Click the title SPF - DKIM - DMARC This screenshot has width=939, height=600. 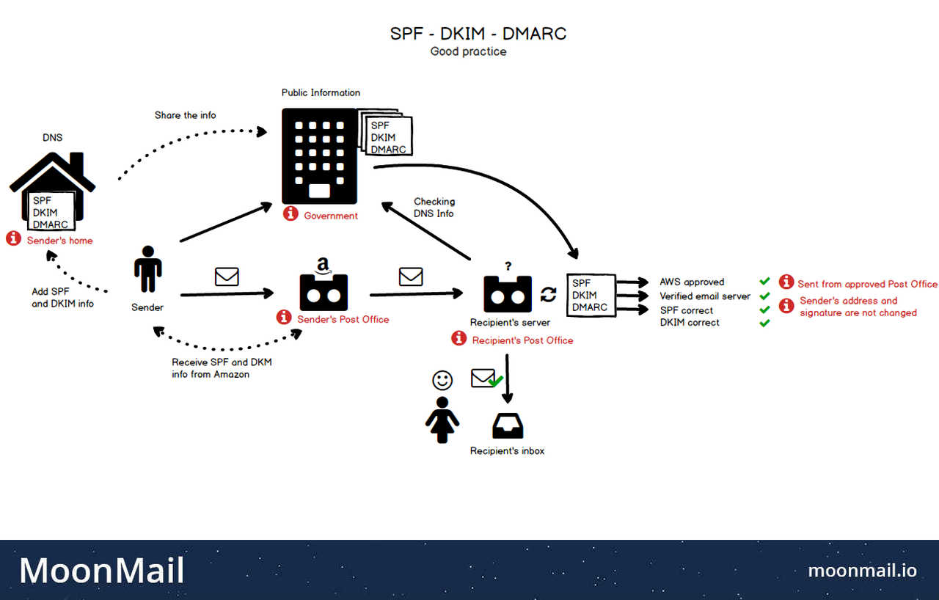(478, 34)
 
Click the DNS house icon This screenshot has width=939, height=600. (52, 188)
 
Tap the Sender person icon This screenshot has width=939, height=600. (147, 269)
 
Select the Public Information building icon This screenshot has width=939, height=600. (318, 156)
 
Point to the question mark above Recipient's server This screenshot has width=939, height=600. (507, 266)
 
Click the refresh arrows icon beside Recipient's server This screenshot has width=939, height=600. (549, 295)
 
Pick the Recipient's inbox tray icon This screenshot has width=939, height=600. (508, 425)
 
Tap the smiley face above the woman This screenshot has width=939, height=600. (442, 380)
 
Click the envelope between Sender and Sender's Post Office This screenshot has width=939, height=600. (227, 277)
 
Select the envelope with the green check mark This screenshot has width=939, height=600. (486, 379)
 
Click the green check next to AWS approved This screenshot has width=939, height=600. (764, 282)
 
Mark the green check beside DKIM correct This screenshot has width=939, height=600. (764, 323)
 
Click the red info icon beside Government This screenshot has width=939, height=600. (291, 213)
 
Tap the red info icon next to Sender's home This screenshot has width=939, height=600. (13, 238)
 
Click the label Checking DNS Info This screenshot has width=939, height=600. (434, 207)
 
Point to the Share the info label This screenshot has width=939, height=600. (185, 115)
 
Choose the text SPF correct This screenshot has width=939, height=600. (687, 310)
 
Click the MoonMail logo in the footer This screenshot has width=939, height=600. (101, 571)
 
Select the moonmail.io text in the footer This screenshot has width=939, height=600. (862, 570)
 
